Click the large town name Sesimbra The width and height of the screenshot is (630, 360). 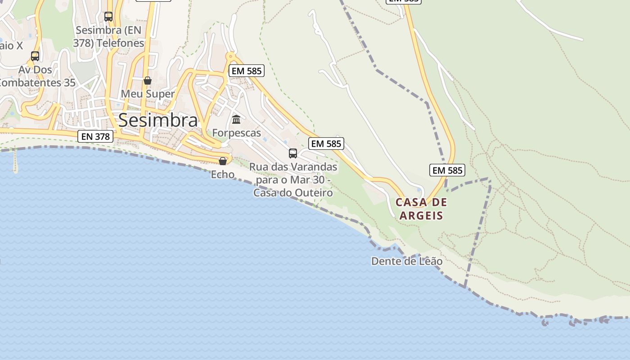coord(158,120)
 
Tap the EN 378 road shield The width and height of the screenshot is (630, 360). coord(95,136)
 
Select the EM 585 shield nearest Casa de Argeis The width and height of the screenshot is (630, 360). coord(447,170)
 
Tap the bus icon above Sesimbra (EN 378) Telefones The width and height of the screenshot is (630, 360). coord(108,17)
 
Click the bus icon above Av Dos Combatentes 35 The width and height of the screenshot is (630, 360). coord(35,56)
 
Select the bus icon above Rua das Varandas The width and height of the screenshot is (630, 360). coord(293,153)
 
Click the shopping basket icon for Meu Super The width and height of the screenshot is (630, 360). coord(147,81)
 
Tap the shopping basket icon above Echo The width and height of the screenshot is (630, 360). coord(223,161)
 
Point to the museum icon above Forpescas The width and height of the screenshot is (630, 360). coord(236,120)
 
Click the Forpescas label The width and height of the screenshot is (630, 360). coord(236,133)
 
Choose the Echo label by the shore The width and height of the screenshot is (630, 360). coord(223,174)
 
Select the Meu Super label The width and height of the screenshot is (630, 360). coord(148,94)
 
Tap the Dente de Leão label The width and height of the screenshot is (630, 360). coord(406,261)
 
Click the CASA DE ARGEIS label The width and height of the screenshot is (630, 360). coord(421,209)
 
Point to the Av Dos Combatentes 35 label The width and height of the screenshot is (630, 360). coord(36,76)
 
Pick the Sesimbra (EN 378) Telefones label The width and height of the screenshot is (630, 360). coord(108,36)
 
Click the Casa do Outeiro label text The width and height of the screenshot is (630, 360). coord(293,193)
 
